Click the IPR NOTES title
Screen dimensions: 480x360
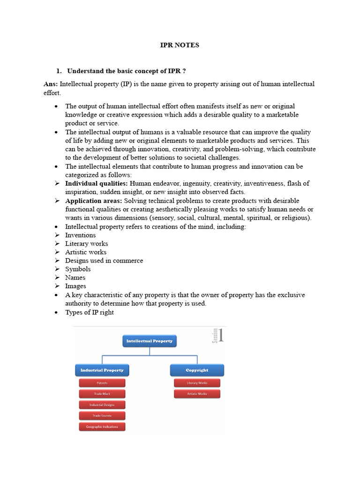(x=180, y=45)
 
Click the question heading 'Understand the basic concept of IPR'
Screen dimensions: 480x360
(x=126, y=71)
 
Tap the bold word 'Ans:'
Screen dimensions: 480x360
(x=51, y=84)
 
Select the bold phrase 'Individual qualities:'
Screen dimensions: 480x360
(x=96, y=183)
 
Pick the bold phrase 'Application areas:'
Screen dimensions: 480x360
(x=93, y=201)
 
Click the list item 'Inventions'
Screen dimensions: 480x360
(x=80, y=235)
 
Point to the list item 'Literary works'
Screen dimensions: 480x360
(x=86, y=243)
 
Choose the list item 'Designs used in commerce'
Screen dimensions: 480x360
(x=104, y=260)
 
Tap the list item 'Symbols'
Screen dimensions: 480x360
(x=78, y=269)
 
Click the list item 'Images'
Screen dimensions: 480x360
(x=75, y=286)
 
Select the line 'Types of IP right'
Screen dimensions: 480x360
(x=89, y=312)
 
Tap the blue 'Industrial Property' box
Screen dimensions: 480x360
(x=102, y=370)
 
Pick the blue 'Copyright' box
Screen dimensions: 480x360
(x=197, y=370)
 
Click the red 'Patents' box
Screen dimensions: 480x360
(x=102, y=383)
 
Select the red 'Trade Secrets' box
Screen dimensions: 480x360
(x=102, y=415)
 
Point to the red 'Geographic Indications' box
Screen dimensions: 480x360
(x=102, y=427)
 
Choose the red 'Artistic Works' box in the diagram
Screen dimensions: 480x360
(x=197, y=394)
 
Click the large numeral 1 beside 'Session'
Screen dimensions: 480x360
(x=221, y=336)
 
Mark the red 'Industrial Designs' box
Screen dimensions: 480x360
(x=102, y=405)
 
